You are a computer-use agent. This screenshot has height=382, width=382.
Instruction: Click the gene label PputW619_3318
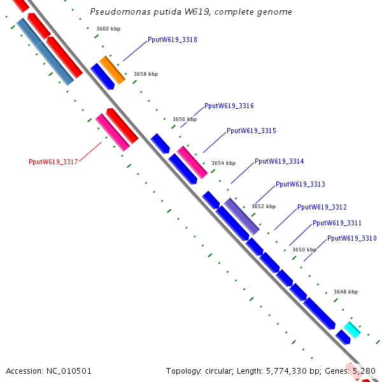pyautogui.click(x=172, y=39)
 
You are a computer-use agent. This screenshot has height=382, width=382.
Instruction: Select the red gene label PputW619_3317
pyautogui.click(x=53, y=162)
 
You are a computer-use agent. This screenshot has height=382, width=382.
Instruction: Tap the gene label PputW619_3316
pyautogui.click(x=229, y=106)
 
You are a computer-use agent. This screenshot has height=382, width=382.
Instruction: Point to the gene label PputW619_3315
pyautogui.click(x=251, y=131)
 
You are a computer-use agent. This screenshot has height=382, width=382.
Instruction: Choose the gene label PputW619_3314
pyautogui.click(x=279, y=161)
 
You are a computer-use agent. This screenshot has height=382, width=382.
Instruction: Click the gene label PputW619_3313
pyautogui.click(x=300, y=184)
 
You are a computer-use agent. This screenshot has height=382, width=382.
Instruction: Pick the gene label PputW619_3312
pyautogui.click(x=322, y=207)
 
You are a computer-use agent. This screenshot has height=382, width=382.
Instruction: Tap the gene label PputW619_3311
pyautogui.click(x=337, y=223)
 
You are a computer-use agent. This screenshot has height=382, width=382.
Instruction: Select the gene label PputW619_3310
pyautogui.click(x=351, y=238)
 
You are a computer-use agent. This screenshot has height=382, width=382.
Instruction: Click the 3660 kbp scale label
pyautogui.click(x=108, y=29)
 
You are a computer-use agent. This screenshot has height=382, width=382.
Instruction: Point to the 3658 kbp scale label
pyautogui.click(x=145, y=74)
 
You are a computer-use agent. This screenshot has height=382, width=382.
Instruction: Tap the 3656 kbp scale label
pyautogui.click(x=185, y=119)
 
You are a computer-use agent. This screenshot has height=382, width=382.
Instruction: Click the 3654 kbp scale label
pyautogui.click(x=223, y=163)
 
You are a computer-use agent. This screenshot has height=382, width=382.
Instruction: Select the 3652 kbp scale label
pyautogui.click(x=263, y=206)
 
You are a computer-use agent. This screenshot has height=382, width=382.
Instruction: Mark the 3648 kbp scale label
pyautogui.click(x=345, y=292)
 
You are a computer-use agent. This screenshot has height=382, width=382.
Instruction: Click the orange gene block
pyautogui.click(x=112, y=70)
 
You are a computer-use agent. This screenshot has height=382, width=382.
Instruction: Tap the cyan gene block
pyautogui.click(x=351, y=330)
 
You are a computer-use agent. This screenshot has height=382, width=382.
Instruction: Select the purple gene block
pyautogui.click(x=242, y=216)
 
